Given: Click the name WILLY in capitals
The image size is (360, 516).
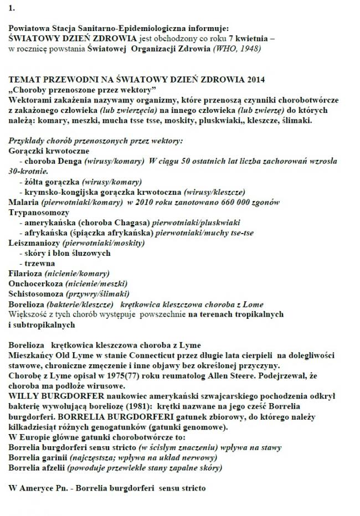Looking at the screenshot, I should pos(22,395).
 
